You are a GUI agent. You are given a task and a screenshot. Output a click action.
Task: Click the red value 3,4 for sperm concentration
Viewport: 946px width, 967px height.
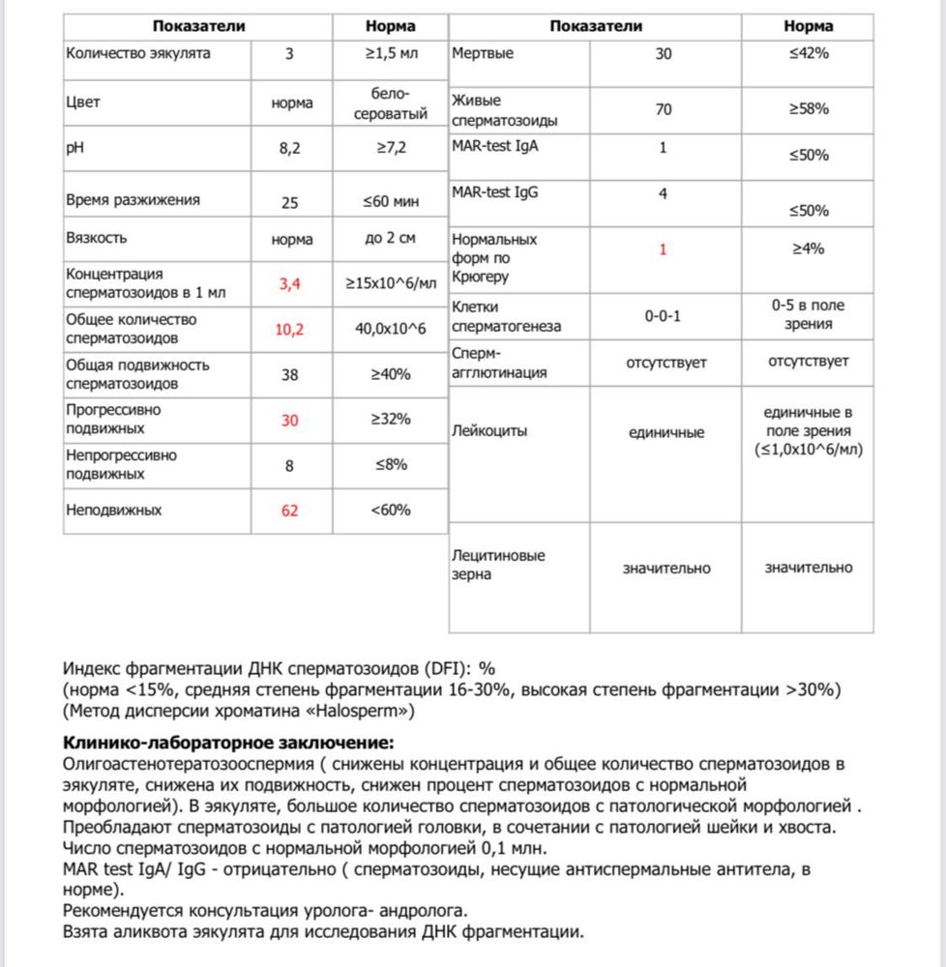pos(291,283)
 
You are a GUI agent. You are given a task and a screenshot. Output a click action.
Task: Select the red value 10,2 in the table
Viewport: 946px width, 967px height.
pos(290,330)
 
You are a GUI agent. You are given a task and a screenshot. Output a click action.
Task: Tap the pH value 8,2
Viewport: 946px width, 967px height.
pos(291,150)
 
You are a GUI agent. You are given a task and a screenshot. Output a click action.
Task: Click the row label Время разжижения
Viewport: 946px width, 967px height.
pos(133,200)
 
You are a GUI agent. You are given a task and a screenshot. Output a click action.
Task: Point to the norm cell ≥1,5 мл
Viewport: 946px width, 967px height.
pos(392,53)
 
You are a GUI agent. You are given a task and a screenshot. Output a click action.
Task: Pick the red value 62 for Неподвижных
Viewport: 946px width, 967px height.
pos(290,510)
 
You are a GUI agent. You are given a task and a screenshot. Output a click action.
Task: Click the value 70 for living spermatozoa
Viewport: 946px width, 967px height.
pos(664,109)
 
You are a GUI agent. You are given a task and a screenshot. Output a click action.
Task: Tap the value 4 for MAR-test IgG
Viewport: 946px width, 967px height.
pos(664,193)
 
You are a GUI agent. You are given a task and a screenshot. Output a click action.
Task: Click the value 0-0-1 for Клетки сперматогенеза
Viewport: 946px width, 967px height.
pos(664,316)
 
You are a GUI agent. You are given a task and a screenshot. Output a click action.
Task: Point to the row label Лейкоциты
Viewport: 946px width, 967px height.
pos(489,431)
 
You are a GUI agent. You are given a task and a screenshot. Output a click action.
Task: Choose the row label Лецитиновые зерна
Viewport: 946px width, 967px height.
pos(498,565)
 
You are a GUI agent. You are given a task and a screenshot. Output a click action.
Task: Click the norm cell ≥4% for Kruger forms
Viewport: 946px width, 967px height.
pos(807,249)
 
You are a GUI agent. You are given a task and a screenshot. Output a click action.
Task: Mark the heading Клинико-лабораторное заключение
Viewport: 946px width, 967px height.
pos(228,743)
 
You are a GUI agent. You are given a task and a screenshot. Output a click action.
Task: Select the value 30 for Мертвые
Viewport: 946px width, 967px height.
pos(664,54)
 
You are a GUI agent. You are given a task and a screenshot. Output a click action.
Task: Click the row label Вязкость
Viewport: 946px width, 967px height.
pos(96,238)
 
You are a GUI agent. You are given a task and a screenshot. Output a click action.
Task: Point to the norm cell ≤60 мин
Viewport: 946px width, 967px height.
pos(392,201)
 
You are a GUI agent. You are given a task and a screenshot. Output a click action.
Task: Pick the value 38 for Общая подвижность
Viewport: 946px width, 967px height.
pos(290,375)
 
